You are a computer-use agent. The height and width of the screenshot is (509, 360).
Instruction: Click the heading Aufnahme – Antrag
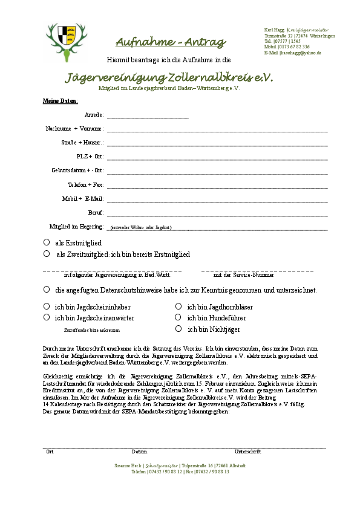click(170, 42)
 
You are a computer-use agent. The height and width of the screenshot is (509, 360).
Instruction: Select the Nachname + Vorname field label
click(74, 129)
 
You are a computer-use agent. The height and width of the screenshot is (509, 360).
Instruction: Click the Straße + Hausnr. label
click(82, 143)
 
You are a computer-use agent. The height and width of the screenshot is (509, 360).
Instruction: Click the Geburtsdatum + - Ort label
click(77, 170)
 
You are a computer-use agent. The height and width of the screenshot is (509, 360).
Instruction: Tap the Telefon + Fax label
click(85, 184)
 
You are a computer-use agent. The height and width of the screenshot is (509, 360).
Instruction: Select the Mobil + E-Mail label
click(83, 198)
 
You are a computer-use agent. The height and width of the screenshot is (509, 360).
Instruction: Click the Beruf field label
click(96, 212)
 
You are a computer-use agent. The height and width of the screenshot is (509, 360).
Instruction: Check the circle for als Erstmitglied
click(47, 242)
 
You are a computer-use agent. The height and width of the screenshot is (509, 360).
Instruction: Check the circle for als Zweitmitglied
click(47, 254)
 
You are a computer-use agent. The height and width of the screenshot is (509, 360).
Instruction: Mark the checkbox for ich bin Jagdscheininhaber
click(47, 306)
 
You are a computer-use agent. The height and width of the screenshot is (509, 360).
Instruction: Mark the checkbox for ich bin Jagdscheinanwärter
click(47, 317)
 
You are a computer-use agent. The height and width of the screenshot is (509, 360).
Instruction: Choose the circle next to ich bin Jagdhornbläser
click(178, 306)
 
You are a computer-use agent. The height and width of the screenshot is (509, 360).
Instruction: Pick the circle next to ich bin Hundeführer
click(178, 317)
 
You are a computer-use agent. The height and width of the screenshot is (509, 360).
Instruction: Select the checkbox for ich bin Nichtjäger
click(178, 329)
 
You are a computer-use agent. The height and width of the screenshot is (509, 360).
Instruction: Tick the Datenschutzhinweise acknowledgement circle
click(47, 290)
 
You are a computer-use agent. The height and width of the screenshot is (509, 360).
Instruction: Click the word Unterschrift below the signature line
click(247, 452)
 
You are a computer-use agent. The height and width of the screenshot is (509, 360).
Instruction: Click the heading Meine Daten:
click(56, 100)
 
